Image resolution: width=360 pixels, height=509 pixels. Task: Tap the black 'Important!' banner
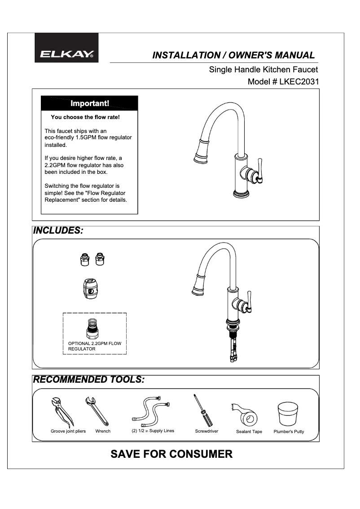(x=89, y=103)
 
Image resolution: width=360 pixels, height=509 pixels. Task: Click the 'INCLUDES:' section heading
(x=59, y=231)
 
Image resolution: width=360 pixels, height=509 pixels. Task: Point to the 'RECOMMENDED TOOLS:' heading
(x=89, y=380)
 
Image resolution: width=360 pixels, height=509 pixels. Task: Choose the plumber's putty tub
(x=288, y=413)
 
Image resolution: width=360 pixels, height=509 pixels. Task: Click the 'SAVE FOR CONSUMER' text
(x=171, y=454)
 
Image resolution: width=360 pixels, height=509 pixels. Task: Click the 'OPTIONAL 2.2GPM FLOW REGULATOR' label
(x=94, y=346)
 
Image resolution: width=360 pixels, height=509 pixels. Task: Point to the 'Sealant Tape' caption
(x=249, y=432)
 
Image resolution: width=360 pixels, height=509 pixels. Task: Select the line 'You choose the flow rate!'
(x=85, y=117)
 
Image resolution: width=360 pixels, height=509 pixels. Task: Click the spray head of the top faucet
(x=200, y=153)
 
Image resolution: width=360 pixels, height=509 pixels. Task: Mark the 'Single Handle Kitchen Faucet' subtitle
(x=263, y=70)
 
